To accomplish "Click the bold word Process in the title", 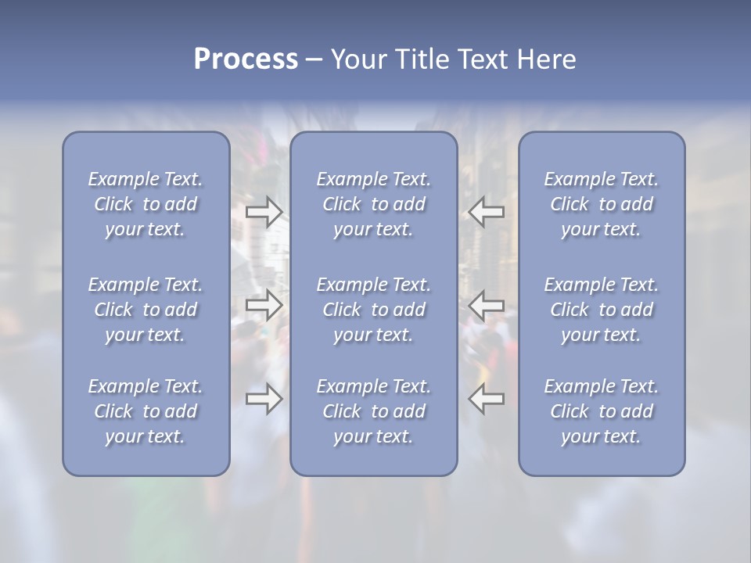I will (x=246, y=59).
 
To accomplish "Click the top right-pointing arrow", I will (x=264, y=212).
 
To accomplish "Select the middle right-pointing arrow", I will (x=264, y=304).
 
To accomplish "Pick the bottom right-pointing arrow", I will (x=264, y=399).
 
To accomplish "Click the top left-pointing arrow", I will (x=486, y=212).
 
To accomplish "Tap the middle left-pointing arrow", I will (x=486, y=304).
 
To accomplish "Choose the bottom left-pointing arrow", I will (x=486, y=399).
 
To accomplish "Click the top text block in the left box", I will (x=146, y=204).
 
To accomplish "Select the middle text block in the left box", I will (x=146, y=310).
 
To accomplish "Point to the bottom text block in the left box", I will (x=146, y=411).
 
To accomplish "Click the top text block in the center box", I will (x=374, y=204).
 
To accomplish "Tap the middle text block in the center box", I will (x=374, y=310).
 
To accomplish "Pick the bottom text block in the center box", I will (x=374, y=411).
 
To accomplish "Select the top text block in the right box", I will (x=602, y=204).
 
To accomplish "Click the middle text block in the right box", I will (x=602, y=310).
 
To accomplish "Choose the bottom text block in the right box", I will (x=602, y=411).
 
